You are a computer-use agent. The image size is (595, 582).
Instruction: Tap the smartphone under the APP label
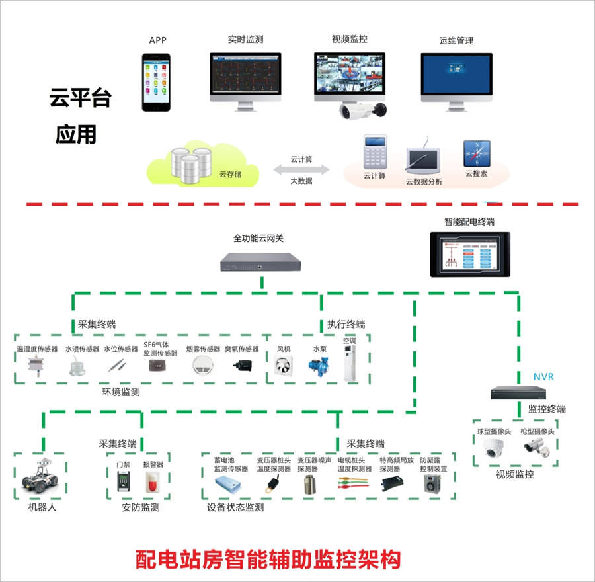pos(156,83)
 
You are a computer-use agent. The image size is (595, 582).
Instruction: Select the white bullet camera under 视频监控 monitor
pos(362,110)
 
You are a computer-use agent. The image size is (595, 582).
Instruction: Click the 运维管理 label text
pos(456,40)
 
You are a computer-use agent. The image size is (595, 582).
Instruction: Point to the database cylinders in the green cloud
pos(191,165)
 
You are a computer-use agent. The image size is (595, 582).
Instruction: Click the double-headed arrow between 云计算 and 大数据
pos(301,170)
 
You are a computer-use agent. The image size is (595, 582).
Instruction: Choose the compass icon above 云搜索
pos(477,153)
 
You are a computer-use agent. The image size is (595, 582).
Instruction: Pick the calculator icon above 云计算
pos(375,152)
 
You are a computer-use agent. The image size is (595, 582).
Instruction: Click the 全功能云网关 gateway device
pos(260,262)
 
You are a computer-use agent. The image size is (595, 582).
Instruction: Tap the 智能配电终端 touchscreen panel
pos(470,255)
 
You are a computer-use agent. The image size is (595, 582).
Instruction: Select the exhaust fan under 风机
pos(284,366)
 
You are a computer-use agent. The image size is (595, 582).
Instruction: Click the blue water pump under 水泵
pos(319,366)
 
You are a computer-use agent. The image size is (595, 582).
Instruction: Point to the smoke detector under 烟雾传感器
pos(203,366)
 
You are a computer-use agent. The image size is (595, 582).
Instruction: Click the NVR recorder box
pos(518,392)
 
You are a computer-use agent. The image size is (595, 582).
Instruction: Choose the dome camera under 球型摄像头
pos(493,448)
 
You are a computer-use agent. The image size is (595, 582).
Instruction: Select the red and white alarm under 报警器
pos(153,482)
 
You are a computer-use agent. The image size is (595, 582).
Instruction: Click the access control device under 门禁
pos(124,481)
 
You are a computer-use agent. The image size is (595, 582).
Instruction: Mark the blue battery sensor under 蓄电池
pos(227,485)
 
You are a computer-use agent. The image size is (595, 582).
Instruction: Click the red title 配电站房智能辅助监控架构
pos(268,560)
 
